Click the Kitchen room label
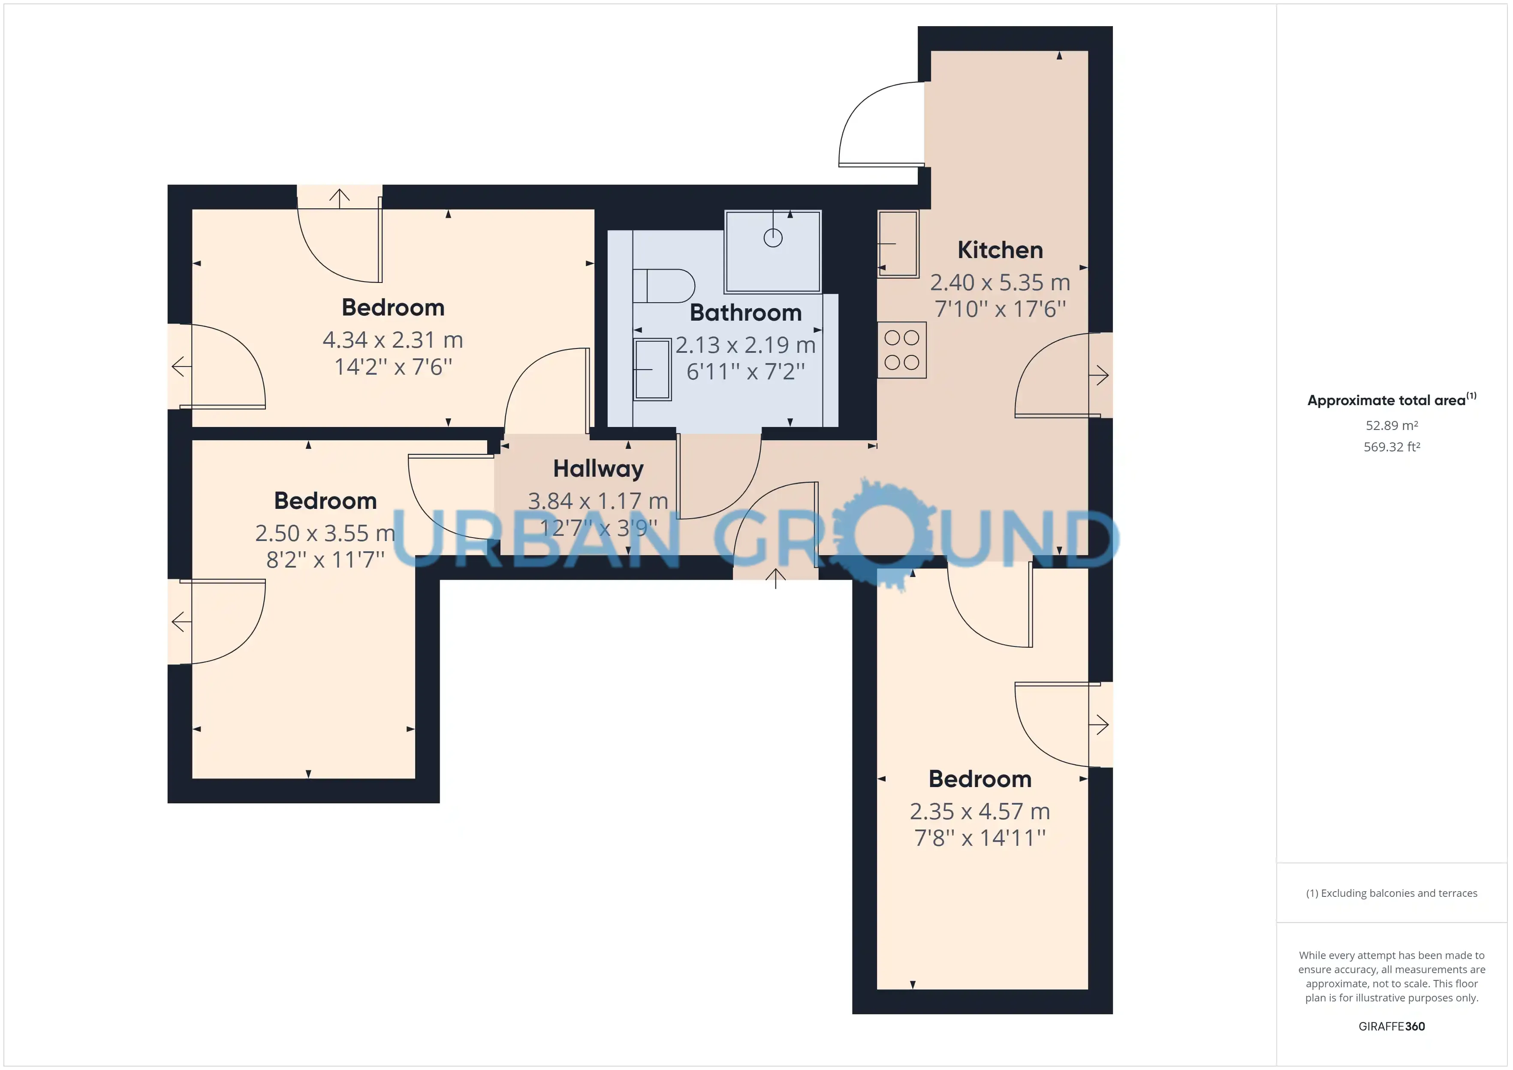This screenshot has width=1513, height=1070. [1000, 250]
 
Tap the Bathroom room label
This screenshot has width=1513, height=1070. [745, 313]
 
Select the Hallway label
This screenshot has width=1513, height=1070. [598, 469]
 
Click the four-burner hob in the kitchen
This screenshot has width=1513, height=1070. [901, 350]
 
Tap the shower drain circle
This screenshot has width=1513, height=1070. [773, 238]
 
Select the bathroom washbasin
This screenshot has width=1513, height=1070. [652, 370]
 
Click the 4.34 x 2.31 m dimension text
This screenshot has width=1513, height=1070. [393, 340]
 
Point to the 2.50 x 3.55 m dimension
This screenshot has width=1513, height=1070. [325, 533]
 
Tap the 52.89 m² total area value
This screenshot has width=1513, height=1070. [1392, 426]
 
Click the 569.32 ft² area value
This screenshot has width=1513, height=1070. [1392, 447]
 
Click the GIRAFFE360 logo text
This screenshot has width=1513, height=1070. [1392, 1027]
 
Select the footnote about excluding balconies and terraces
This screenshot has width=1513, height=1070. [1392, 893]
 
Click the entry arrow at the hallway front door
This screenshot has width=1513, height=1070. [776, 578]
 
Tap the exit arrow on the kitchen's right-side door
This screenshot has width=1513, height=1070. [1098, 376]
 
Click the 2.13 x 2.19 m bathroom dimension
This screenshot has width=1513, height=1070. [745, 345]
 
